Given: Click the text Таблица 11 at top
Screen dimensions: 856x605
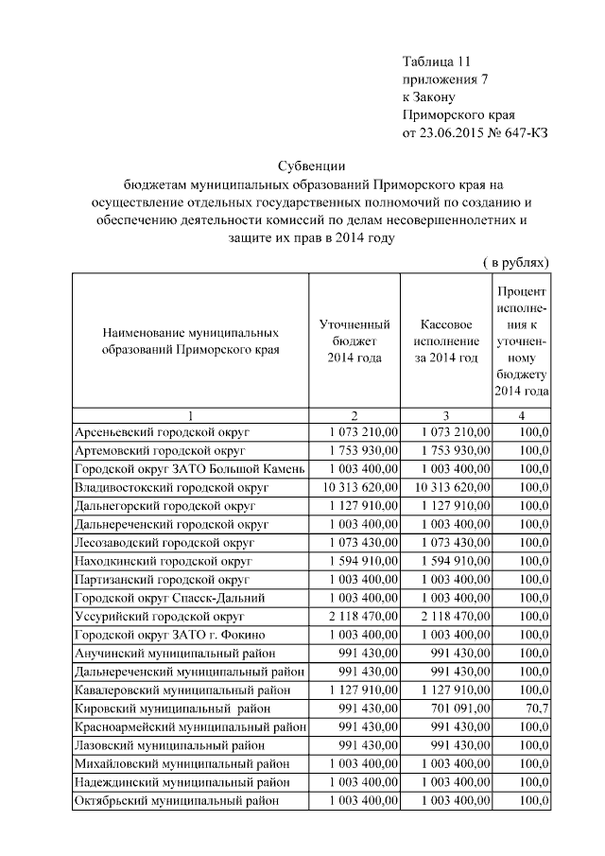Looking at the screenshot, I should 436,61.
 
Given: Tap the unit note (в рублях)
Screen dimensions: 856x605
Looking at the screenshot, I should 510,260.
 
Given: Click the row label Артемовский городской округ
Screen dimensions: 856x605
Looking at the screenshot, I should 161,450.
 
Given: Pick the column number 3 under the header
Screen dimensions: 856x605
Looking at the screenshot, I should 445,414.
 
